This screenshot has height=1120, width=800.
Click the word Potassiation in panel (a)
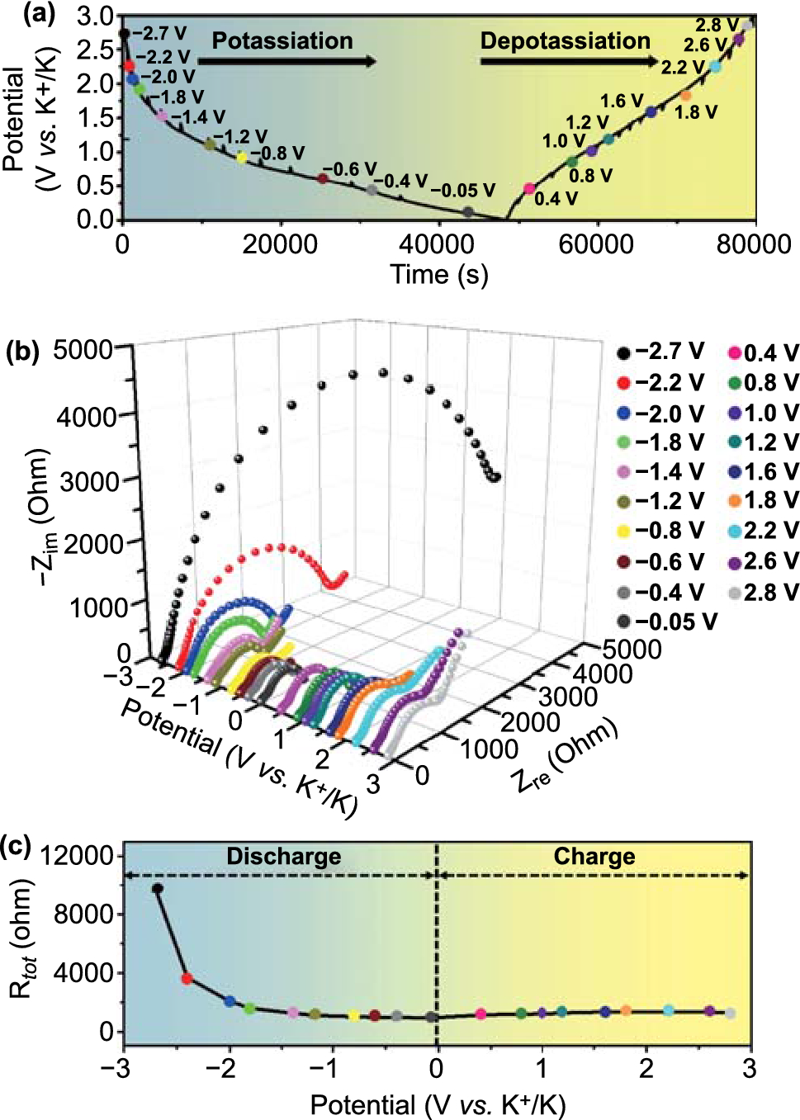click(282, 40)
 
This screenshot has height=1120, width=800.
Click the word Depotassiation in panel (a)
click(565, 40)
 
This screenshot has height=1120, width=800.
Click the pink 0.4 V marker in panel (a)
click(529, 189)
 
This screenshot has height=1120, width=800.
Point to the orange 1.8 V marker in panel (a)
click(686, 96)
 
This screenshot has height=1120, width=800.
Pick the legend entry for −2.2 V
click(660, 382)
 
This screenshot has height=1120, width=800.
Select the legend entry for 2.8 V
click(763, 592)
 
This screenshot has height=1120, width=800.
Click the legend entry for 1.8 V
click(763, 500)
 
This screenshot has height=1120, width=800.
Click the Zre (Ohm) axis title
click(566, 756)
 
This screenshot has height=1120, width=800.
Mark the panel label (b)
click(22, 351)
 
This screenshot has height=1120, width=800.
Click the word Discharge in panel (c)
click(283, 857)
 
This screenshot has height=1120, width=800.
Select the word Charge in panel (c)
click(594, 857)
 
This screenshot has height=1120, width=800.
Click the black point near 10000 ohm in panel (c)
click(158, 889)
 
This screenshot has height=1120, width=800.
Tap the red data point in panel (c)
click(187, 979)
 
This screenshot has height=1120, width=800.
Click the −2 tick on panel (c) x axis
click(220, 1069)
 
